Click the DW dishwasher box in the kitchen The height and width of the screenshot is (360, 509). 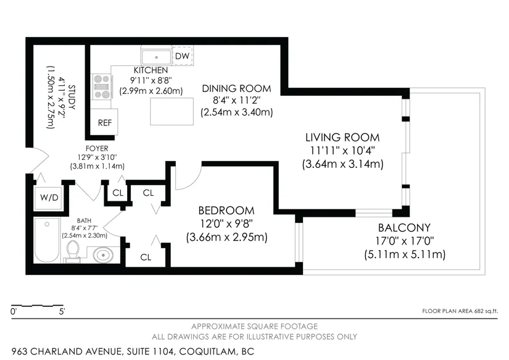[x=182, y=56]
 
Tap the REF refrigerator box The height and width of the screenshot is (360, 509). [x=104, y=122]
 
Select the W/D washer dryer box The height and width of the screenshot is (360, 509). [x=49, y=197]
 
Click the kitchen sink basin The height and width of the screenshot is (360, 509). [x=157, y=57]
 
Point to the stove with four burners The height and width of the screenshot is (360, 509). [x=102, y=86]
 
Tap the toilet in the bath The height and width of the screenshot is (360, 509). [x=73, y=251]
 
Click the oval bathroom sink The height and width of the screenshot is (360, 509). [x=103, y=255]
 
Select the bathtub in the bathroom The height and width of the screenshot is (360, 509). [x=47, y=240]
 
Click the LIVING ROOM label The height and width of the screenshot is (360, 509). [x=342, y=138]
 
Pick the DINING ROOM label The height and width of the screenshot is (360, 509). [x=236, y=88]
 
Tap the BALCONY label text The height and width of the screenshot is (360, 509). [x=404, y=227]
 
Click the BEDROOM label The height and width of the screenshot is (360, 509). [x=226, y=211]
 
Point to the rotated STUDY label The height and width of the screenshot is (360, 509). [x=72, y=97]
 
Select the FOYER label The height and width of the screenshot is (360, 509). [x=97, y=148]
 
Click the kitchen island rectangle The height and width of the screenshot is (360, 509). [x=172, y=111]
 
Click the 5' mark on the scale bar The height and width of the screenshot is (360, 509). [x=62, y=312]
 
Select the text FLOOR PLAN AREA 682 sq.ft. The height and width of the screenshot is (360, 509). [x=460, y=311]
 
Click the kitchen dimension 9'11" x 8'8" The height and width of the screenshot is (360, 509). [x=151, y=80]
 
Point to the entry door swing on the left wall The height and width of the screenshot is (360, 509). [x=39, y=161]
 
